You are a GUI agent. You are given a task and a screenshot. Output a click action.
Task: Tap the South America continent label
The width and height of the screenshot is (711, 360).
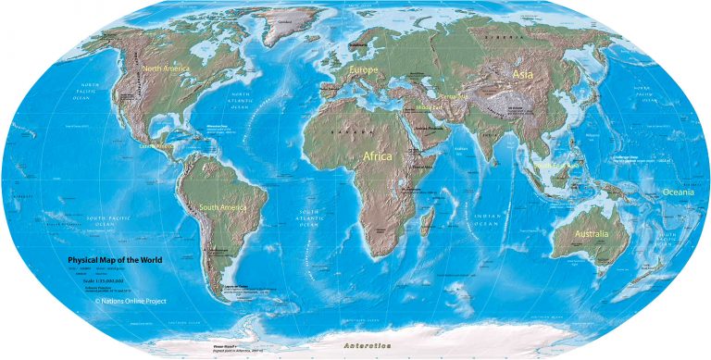(x=220, y=207)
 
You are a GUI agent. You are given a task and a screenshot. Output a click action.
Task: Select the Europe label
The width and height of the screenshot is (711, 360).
(x=364, y=69)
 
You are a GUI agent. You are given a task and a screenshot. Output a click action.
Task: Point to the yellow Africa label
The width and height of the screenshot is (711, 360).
(x=378, y=156)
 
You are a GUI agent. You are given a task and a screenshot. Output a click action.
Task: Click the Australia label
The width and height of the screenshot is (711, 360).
(x=591, y=234)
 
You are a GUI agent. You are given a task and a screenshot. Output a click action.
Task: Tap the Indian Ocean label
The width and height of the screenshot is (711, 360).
(x=487, y=219)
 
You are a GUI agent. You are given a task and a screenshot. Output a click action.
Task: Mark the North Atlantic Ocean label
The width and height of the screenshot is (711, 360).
(x=243, y=102)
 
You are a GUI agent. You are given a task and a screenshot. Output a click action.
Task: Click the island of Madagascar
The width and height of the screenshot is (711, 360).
(x=429, y=221)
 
